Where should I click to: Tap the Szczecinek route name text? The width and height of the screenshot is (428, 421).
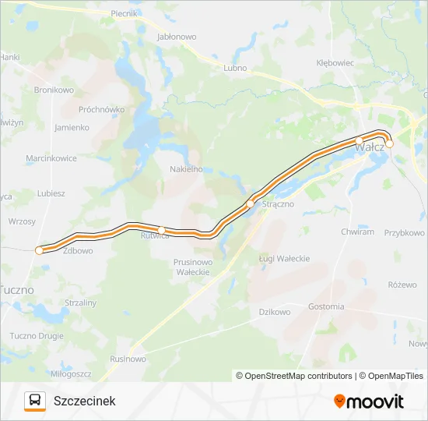(85, 401)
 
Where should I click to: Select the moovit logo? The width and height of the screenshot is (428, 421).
(369, 402)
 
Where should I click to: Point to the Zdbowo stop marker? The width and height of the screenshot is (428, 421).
(39, 250)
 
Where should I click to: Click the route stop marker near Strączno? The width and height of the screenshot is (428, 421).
(250, 204)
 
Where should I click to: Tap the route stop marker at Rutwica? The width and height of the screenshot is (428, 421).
(161, 229)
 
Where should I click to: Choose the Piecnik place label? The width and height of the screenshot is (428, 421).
(124, 14)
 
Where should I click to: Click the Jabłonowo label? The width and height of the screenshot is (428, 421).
(177, 37)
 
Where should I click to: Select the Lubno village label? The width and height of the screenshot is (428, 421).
(235, 68)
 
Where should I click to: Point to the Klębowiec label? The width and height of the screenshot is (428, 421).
(335, 63)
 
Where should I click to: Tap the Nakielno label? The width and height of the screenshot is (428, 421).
(186, 168)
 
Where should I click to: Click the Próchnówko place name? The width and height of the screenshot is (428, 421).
(102, 110)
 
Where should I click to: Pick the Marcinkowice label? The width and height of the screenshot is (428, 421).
(51, 158)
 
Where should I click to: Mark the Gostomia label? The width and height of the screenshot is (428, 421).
(326, 306)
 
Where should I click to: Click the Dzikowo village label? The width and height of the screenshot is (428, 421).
(274, 312)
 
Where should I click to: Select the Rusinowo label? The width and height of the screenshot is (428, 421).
(128, 359)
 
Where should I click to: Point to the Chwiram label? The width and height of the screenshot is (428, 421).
(358, 232)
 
